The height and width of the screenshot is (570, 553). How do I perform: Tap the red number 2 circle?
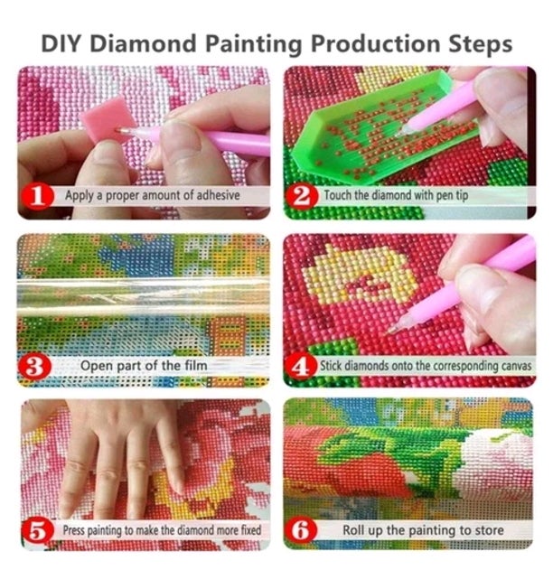(302, 194)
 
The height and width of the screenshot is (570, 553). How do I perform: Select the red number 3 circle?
(33, 365)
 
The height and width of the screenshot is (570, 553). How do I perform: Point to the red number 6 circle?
(302, 530)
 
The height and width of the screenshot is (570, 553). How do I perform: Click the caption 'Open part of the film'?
(144, 366)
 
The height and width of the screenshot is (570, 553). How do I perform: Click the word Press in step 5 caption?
(74, 530)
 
